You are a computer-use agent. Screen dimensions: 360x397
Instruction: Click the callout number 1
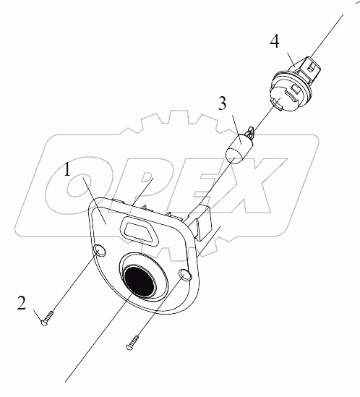click(x=67, y=170)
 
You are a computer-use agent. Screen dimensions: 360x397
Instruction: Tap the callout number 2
click(x=22, y=303)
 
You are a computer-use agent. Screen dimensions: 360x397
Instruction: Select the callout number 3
click(x=222, y=103)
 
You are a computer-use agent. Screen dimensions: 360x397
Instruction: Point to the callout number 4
click(x=275, y=41)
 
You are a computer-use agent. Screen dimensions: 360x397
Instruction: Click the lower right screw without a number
click(x=132, y=343)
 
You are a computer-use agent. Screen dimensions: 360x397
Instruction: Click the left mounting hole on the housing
click(x=99, y=250)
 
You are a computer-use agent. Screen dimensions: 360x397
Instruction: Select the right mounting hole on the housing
click(x=185, y=275)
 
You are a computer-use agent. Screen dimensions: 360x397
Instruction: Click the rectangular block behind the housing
click(x=202, y=222)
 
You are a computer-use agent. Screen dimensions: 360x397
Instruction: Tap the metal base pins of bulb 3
click(x=250, y=133)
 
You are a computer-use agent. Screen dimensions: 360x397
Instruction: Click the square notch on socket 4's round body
click(x=295, y=89)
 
